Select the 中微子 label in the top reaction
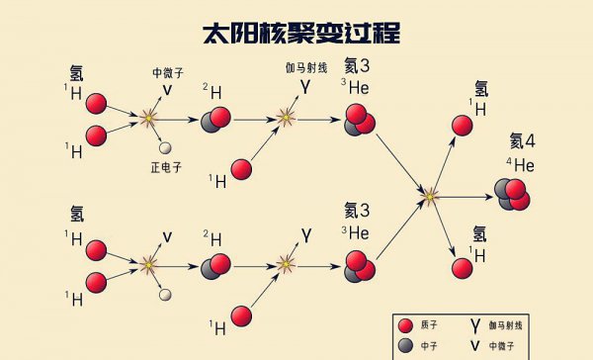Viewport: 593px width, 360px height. point(167,72)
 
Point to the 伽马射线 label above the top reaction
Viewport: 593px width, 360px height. point(304,66)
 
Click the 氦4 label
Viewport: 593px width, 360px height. point(522,140)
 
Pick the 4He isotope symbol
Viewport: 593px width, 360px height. point(520,164)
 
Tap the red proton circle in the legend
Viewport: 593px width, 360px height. point(404,324)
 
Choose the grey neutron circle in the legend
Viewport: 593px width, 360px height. point(404,345)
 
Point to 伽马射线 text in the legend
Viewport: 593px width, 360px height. point(514,324)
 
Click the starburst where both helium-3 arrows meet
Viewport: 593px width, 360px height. point(428,197)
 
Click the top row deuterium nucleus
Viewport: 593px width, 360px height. point(216,120)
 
